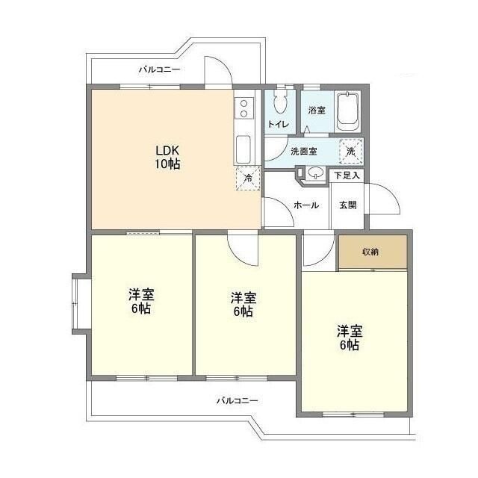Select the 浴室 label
coord(317,111)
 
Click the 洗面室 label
coord(303,151)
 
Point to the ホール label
coord(306,205)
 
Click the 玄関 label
coord(347,205)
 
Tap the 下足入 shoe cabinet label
coord(347,176)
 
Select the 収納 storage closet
coord(371,252)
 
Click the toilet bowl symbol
coord(281,104)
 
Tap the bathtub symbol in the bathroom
coord(348,111)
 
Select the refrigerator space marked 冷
coord(247,178)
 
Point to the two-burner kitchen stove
coord(243,110)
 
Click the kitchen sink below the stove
coord(243,149)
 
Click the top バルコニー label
coord(159,69)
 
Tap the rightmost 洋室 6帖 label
coord(349,338)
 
